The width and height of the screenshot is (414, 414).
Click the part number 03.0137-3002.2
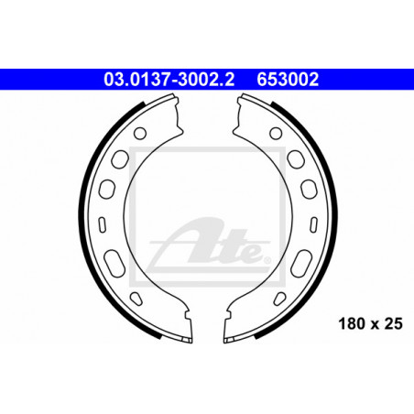tap(169, 80)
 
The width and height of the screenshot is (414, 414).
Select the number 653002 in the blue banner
tap(288, 80)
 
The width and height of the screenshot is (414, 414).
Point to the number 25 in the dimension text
tap(394, 323)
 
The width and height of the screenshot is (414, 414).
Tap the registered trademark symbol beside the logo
tap(267, 260)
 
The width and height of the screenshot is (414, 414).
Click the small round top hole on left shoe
tap(140, 134)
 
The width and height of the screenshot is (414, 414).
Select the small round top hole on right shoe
tap(276, 134)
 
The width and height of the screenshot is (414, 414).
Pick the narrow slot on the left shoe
tap(103, 225)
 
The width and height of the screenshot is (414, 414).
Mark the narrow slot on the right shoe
tap(313, 225)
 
